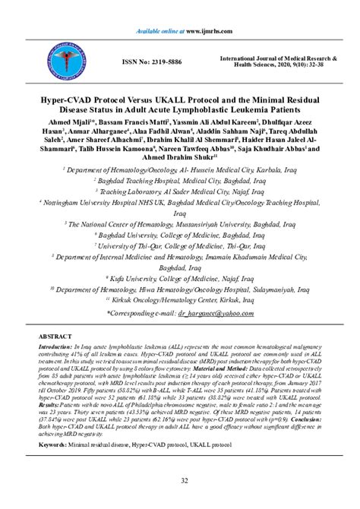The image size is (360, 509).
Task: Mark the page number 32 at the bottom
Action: (180, 480)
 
